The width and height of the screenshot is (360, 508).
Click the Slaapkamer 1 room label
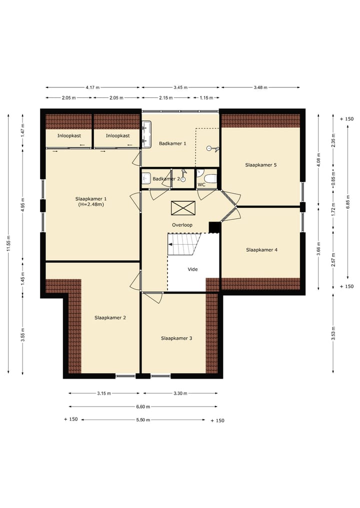point(91,201)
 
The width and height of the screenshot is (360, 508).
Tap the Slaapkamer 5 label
point(261,165)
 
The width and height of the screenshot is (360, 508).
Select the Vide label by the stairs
point(192,269)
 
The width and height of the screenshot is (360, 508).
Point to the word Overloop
point(182,225)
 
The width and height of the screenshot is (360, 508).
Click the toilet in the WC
point(210,179)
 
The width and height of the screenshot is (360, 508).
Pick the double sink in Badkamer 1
point(147,135)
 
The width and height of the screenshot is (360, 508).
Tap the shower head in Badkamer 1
point(213,149)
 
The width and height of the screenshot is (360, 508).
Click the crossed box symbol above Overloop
point(183,208)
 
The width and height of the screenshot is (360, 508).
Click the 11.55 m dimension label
point(8,243)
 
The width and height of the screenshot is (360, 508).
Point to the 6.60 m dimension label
point(143,407)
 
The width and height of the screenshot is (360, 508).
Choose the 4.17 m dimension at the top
point(93,87)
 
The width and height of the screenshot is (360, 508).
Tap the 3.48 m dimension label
point(260,87)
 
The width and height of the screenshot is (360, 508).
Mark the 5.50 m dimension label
point(143,420)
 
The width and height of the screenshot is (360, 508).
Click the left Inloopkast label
point(69,136)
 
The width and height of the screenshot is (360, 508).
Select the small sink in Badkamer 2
point(146,178)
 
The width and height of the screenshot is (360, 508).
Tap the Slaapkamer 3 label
point(176,338)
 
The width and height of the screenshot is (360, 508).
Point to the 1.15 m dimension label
point(206,97)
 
